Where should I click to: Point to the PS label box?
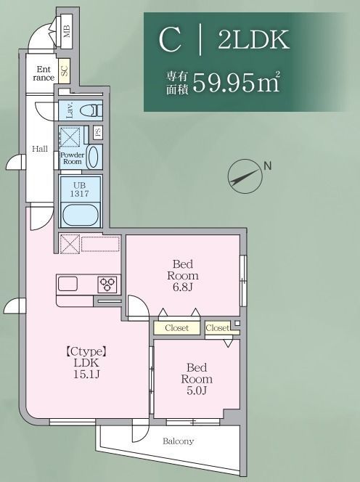(x=97, y=133)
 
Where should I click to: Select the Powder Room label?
(x=72, y=159)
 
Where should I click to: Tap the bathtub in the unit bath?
(x=81, y=215)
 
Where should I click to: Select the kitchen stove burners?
(x=108, y=284)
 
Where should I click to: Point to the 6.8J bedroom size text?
(x=183, y=287)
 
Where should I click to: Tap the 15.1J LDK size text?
(x=86, y=374)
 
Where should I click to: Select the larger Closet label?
(x=176, y=328)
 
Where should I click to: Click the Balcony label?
(x=178, y=441)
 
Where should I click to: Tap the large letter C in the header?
(x=170, y=40)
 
